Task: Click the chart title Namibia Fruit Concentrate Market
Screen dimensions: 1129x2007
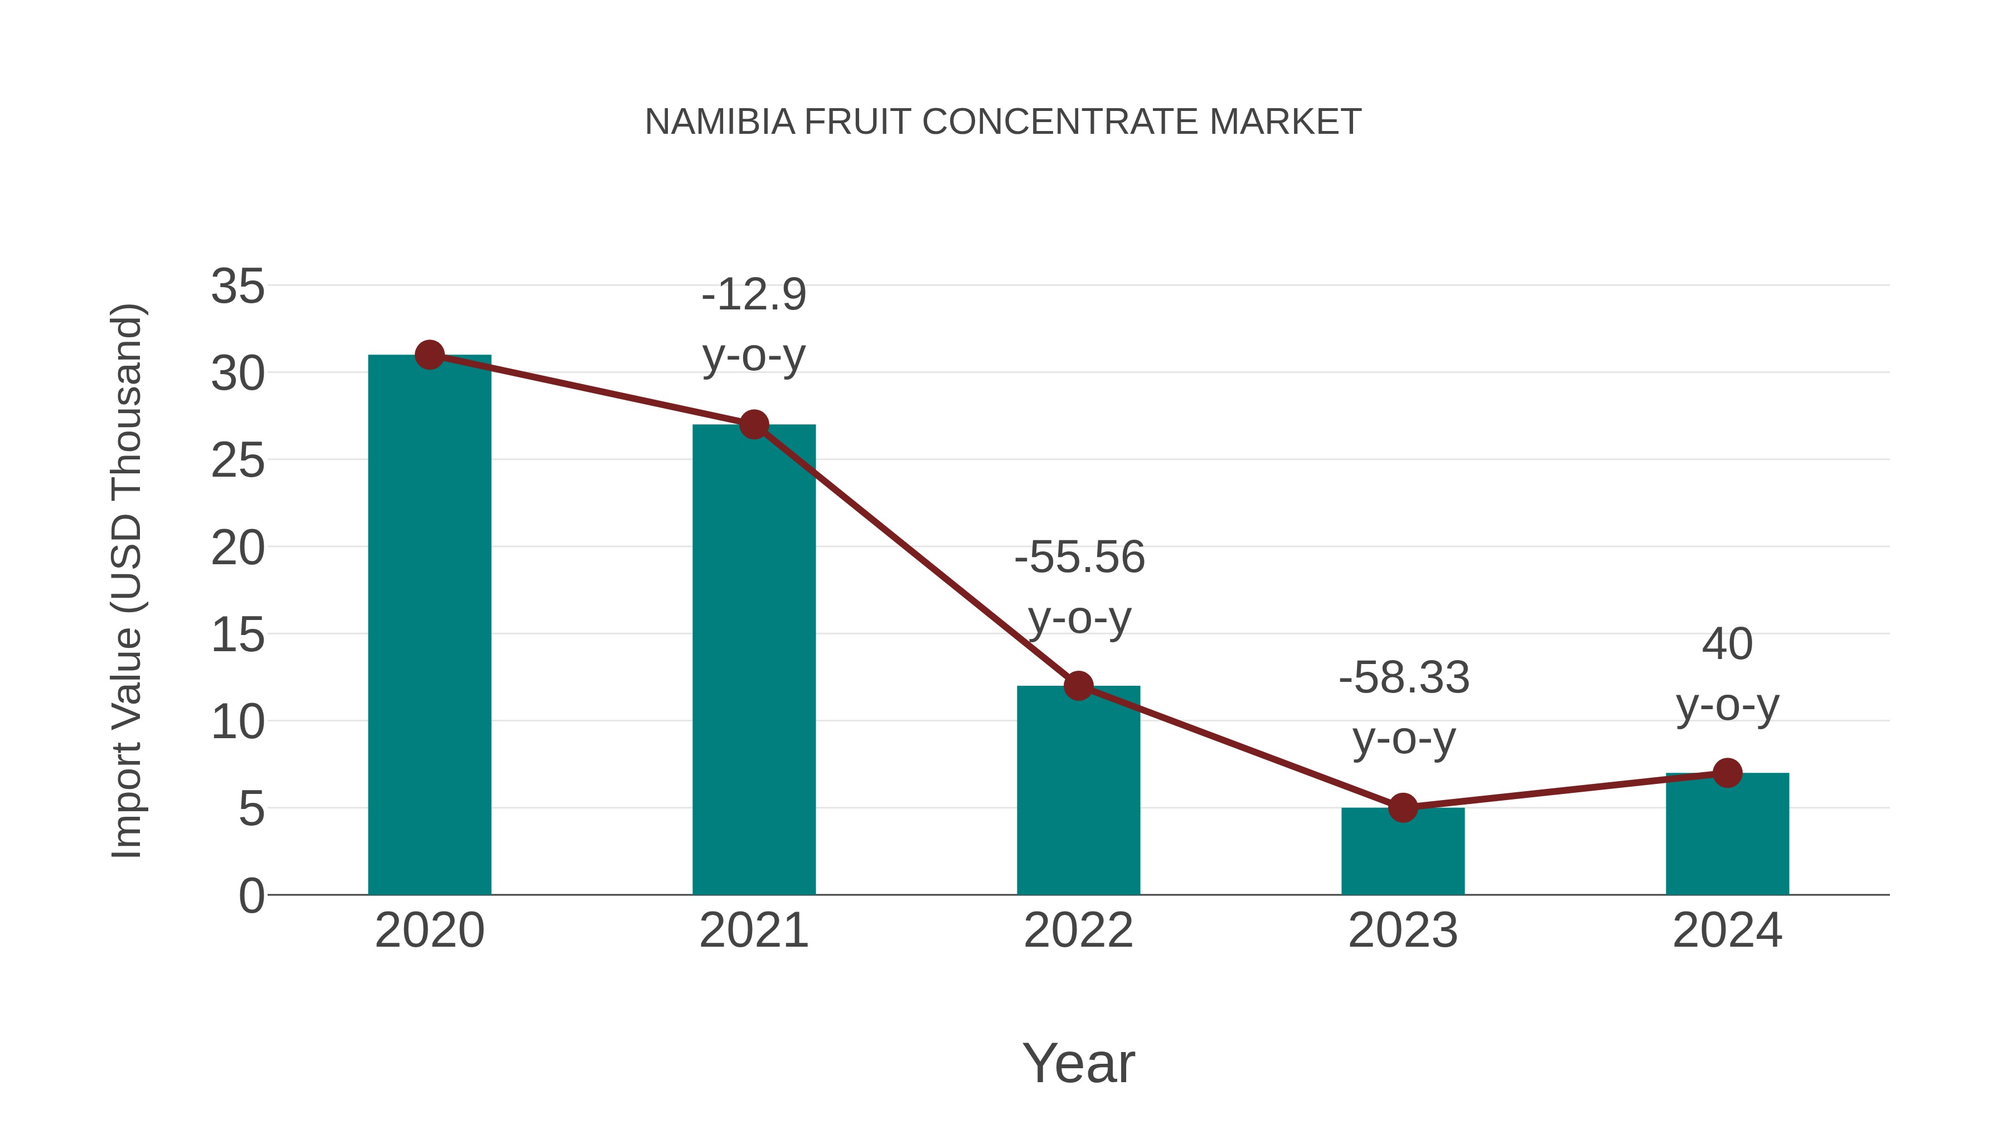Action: [x=1003, y=122]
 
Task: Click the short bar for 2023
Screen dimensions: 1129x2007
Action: [x=1403, y=853]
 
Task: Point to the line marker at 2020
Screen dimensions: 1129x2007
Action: [x=429, y=355]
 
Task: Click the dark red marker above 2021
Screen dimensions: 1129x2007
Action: [x=753, y=425]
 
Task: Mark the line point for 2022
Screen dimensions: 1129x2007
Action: [x=1078, y=686]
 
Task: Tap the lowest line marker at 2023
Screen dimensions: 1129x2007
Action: [x=1403, y=808]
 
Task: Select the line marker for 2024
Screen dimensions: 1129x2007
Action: [x=1727, y=773]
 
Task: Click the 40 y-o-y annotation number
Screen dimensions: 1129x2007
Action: [x=1727, y=645]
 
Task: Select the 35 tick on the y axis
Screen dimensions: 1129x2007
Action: [x=237, y=287]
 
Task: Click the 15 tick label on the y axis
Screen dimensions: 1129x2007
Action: [x=237, y=635]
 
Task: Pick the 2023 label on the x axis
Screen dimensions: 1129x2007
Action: [x=1403, y=931]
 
